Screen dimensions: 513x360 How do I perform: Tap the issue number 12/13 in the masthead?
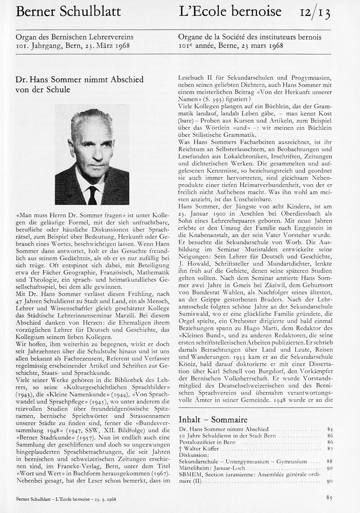315,13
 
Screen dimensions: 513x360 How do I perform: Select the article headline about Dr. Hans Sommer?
79,84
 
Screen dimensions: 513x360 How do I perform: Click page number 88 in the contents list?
329,461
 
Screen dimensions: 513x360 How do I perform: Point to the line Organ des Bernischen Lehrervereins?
74,37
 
